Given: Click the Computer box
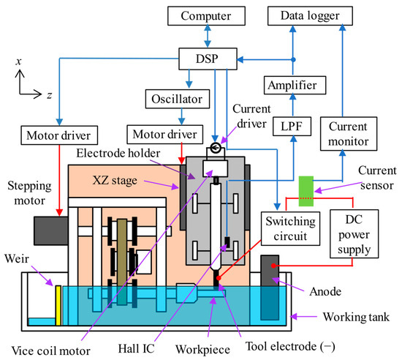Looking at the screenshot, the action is (206, 16).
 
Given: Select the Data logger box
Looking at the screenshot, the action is (310, 16).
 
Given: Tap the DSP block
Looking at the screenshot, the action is (208, 59).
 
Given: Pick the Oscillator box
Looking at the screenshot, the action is (178, 99).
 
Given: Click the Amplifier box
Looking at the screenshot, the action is (295, 85).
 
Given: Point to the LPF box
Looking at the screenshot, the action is (292, 127).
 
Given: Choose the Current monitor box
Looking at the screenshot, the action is (349, 134).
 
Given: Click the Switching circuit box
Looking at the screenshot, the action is (290, 228).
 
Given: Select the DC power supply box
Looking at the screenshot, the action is (354, 233).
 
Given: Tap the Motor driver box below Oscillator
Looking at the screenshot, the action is (165, 135).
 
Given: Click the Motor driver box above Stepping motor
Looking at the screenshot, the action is (59, 135).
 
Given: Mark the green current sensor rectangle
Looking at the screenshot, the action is (306, 191).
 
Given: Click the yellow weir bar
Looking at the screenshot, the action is (58, 305).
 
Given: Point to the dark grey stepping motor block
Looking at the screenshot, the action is (51, 230).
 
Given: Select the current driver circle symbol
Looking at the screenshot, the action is (216, 148).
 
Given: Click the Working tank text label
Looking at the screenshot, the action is (356, 317).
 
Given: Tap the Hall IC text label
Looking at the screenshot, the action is (137, 349).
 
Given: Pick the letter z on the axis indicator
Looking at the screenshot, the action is (49, 95).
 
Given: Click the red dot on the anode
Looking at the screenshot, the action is (274, 266).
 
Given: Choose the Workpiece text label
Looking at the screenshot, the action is (202, 350).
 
